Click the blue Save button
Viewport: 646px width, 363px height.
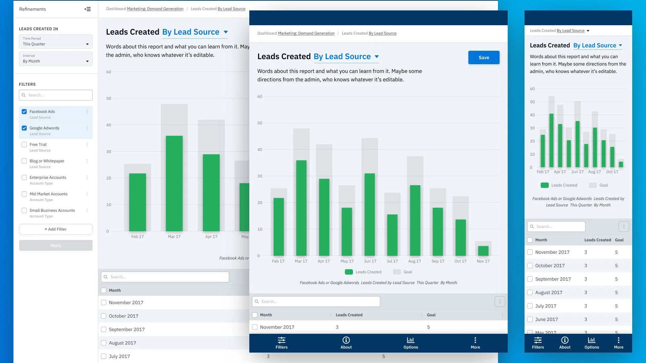[x=484, y=57]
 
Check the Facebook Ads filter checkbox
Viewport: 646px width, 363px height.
[x=24, y=112]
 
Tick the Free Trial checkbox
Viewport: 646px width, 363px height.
[x=24, y=145]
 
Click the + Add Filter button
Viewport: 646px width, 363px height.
[x=56, y=229]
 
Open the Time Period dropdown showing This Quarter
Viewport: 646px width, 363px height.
[x=56, y=41]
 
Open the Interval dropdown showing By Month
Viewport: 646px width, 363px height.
[x=56, y=58]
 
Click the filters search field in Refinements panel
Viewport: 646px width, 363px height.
[x=56, y=95]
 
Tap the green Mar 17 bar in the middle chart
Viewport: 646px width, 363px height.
[x=301, y=208]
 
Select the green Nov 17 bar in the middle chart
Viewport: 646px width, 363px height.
[x=483, y=251]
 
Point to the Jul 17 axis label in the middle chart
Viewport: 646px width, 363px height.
[x=392, y=261]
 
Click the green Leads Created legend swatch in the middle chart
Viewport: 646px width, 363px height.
[x=349, y=272]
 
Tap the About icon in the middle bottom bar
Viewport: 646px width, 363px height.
[x=346, y=340]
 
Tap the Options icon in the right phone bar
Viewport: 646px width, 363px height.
[x=592, y=340]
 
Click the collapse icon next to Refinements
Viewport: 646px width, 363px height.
[x=87, y=9]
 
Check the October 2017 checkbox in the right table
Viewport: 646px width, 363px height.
[x=530, y=266]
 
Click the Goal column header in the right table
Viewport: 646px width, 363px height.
[x=619, y=240]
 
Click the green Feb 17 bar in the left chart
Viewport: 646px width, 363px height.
[x=138, y=202]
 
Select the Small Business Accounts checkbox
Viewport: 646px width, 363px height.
[x=24, y=210]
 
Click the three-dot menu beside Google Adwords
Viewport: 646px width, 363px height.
[x=87, y=128]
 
